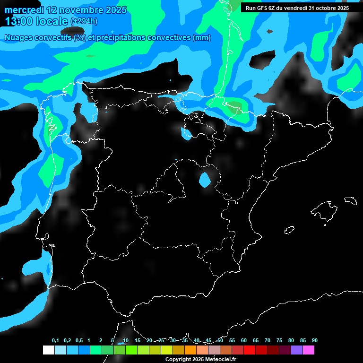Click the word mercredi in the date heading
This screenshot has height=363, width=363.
pyautogui.click(x=25, y=10)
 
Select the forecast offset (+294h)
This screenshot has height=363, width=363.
pyautogui.click(x=85, y=21)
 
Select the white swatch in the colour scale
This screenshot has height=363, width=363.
pyautogui.click(x=48, y=350)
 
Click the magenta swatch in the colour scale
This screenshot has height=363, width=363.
pyautogui.click(x=308, y=350)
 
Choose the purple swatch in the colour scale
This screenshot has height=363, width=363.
pyautogui.click(x=296, y=350)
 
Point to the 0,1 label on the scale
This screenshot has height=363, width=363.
pyautogui.click(x=55, y=341)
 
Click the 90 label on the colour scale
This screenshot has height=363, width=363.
pyautogui.click(x=314, y=341)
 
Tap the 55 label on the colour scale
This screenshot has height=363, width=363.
pyautogui.click(x=232, y=341)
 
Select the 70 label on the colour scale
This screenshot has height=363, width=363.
pyautogui.click(x=267, y=341)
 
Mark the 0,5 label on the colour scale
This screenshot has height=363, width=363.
pyautogui.click(x=79, y=341)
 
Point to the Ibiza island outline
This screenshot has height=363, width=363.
pyautogui.click(x=289, y=230)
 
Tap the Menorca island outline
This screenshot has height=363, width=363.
pyautogui.click(x=350, y=200)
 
